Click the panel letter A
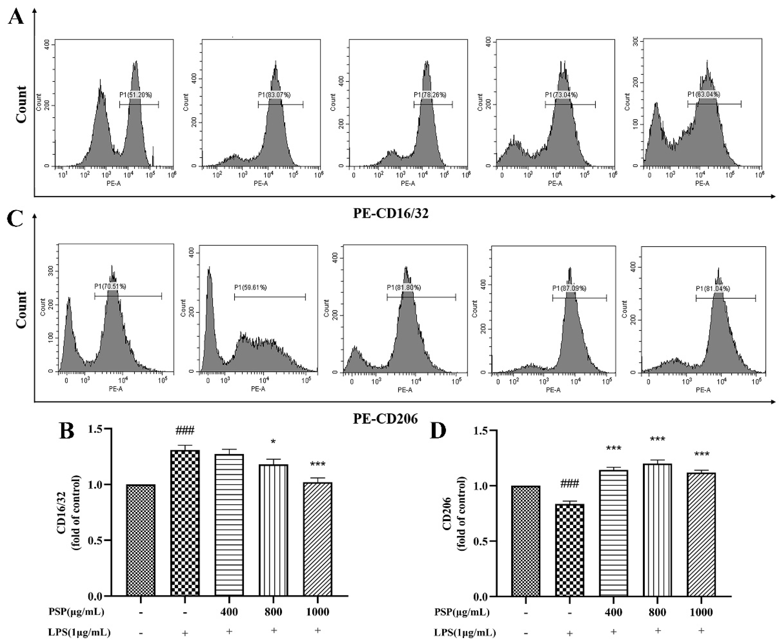[x=16, y=17]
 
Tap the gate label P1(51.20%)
[x=136, y=95]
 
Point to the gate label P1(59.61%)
[x=250, y=287]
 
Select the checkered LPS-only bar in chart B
[x=185, y=523]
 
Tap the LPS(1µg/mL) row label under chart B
[x=79, y=632]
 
